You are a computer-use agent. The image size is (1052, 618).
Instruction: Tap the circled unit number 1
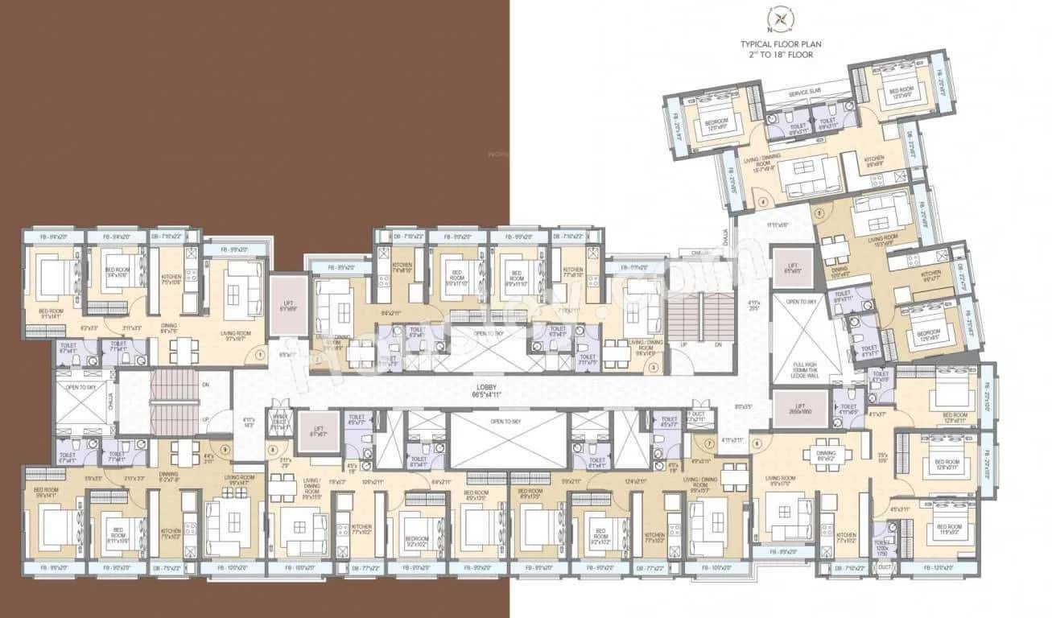point(260,354)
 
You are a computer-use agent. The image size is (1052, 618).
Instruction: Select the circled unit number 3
point(654,368)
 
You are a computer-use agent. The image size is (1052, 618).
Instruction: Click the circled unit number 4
point(763,202)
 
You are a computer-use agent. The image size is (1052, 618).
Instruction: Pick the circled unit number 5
point(819,214)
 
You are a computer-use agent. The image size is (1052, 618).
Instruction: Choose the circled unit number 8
point(273,449)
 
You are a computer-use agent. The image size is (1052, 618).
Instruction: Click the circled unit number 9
point(225,449)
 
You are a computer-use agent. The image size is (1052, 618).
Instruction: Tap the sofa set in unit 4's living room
point(810,176)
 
